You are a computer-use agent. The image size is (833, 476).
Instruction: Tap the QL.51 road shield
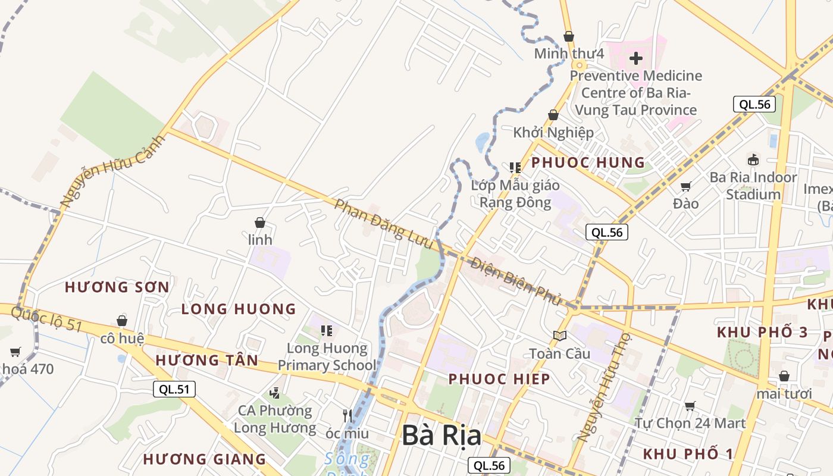174,389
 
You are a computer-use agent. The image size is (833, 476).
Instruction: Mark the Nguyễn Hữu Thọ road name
603,386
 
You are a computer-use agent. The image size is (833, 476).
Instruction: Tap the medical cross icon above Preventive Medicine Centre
636,58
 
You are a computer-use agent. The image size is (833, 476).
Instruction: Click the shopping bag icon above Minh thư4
569,36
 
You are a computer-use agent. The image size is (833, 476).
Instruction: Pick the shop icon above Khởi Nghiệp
553,115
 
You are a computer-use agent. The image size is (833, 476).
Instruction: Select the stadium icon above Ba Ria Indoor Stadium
753,159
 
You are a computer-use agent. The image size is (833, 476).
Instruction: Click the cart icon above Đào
686,186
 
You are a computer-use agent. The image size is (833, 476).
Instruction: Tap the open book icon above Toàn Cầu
560,336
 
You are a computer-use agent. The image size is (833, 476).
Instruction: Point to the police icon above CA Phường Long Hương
274,393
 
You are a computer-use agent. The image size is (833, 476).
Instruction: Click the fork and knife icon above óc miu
347,415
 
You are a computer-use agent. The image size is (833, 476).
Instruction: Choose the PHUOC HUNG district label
588,162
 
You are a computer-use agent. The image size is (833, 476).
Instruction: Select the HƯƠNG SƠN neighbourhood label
117,287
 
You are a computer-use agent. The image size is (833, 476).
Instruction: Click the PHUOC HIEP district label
499,379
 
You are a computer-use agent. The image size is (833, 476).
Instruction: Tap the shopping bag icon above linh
260,223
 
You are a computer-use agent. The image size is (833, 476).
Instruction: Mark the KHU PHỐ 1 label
688,454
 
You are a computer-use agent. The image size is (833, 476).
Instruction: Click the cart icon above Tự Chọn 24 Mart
690,406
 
